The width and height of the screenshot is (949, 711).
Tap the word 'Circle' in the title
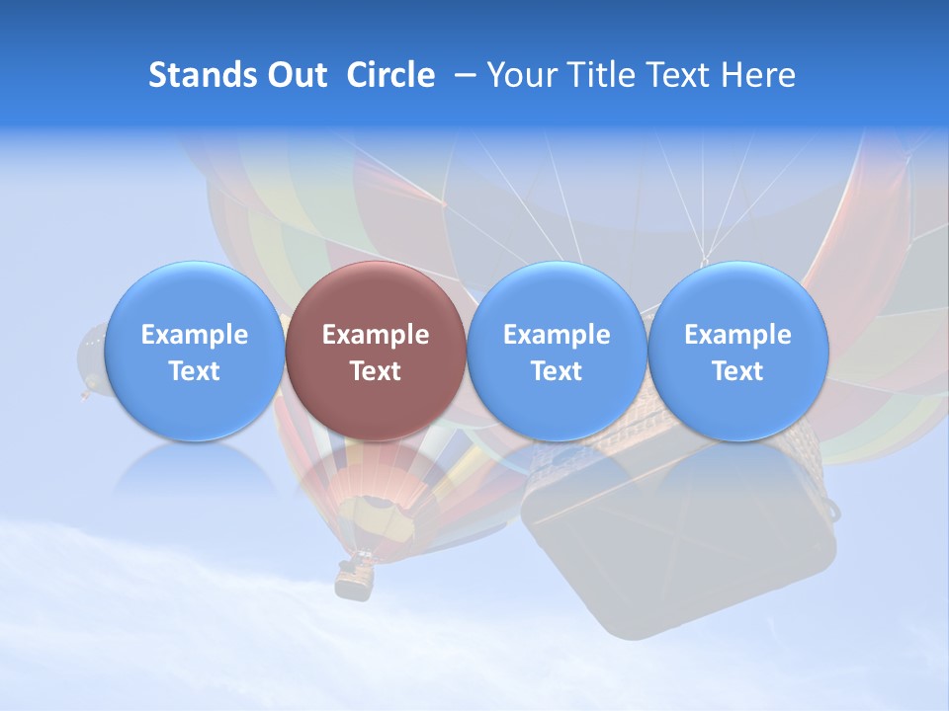[x=390, y=75]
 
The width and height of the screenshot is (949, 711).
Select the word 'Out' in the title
[x=297, y=75]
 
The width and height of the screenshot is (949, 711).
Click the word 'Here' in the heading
[x=759, y=75]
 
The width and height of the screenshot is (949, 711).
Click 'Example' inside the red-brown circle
[x=376, y=335]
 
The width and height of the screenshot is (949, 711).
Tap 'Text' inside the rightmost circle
[x=737, y=371]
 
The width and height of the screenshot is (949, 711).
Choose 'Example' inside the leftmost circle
[x=194, y=335]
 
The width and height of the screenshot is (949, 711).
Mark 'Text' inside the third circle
[x=557, y=371]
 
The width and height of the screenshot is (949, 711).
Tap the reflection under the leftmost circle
[x=194, y=474]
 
